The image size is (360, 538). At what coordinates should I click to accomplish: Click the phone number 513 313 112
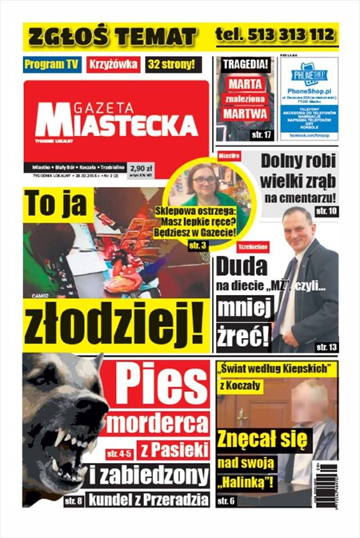tap(275, 35)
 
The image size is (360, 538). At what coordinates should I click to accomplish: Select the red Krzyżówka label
tap(114, 64)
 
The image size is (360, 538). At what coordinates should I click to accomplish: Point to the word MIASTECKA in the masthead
tap(116, 125)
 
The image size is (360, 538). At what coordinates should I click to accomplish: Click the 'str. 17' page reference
tap(261, 134)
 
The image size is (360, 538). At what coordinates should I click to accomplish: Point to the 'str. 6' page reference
tap(228, 500)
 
